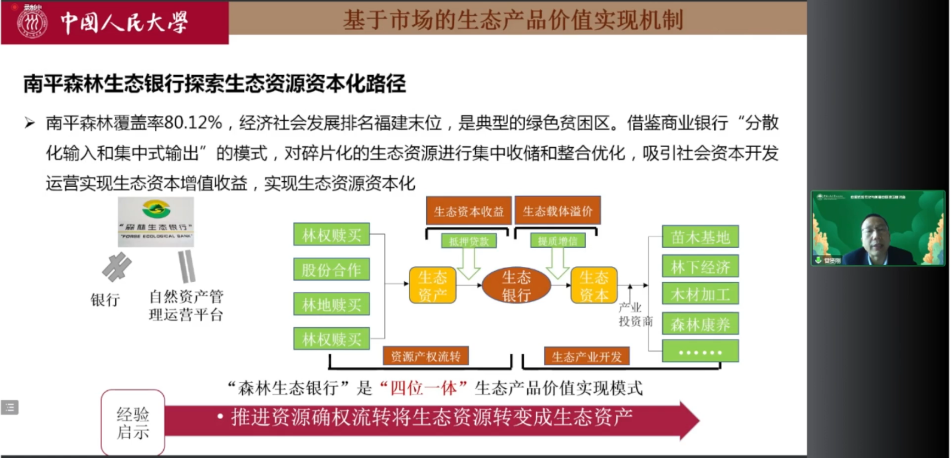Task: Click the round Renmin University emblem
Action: (x=32, y=23)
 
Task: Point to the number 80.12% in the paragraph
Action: (x=193, y=122)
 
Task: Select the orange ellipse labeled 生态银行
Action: (x=516, y=286)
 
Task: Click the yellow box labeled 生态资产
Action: (x=432, y=286)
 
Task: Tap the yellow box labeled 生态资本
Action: (x=594, y=286)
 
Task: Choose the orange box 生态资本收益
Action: (x=469, y=211)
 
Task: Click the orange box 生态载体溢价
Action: (x=558, y=211)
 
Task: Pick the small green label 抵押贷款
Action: (x=469, y=241)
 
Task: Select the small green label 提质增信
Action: (x=558, y=241)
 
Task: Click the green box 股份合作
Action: (x=331, y=270)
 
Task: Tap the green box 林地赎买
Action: (x=331, y=304)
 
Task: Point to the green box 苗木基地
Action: (x=700, y=237)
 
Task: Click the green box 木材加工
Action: (x=700, y=295)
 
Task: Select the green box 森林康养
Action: (x=700, y=325)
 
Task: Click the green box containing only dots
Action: (x=700, y=352)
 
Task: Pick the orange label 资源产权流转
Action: (x=426, y=356)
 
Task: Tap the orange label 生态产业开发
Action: (x=587, y=357)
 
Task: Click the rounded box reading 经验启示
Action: (x=133, y=423)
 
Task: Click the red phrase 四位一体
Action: (x=423, y=388)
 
